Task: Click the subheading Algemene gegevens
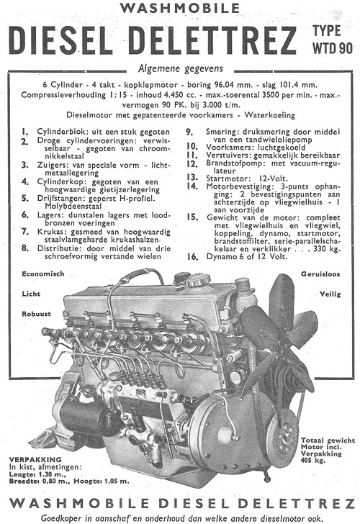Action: click(179, 70)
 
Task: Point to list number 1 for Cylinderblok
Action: click(24, 132)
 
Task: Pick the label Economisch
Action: click(44, 273)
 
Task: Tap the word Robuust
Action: click(37, 314)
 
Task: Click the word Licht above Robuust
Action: click(30, 294)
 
